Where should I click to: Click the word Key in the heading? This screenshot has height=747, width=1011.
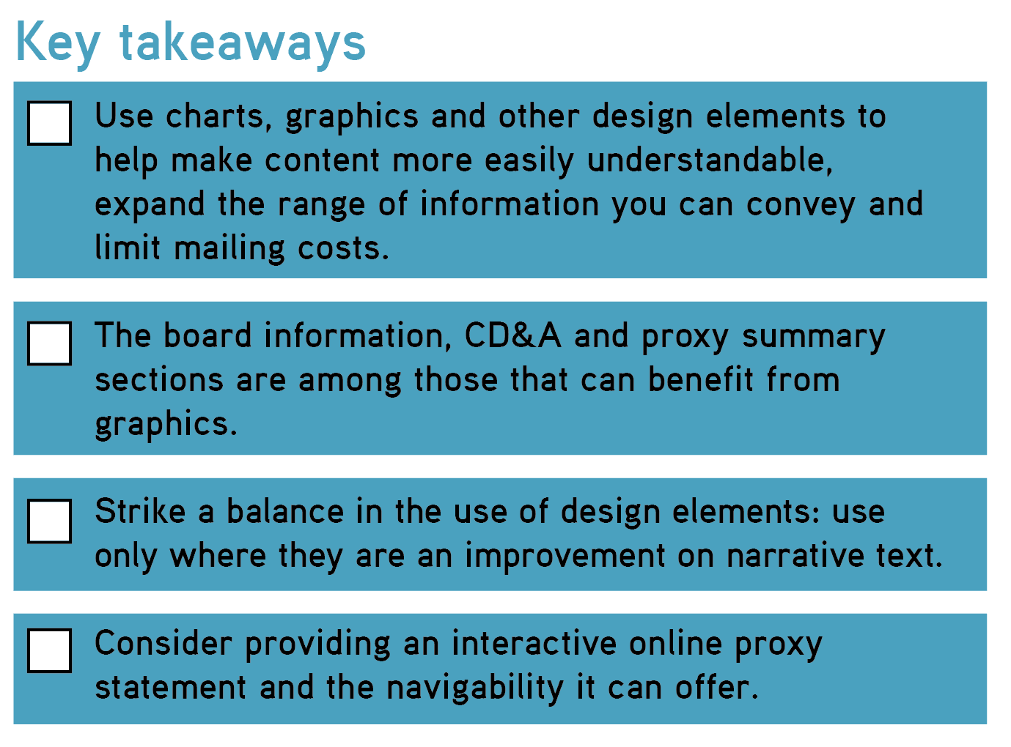[x=58, y=45]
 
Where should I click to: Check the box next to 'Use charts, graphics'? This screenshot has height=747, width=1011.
[x=49, y=123]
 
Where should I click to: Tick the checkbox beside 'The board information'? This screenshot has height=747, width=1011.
[x=49, y=343]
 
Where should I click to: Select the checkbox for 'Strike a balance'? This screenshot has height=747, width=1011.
[x=49, y=521]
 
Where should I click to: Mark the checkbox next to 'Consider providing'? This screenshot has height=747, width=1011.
[x=49, y=650]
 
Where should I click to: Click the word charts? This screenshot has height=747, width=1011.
[x=218, y=116]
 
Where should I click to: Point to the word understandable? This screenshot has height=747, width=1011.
[x=710, y=160]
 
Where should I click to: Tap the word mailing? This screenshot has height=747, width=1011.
[x=229, y=249]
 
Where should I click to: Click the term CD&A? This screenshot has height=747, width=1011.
[x=512, y=336]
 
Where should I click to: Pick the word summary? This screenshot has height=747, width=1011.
[x=814, y=338]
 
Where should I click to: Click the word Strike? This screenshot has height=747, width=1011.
[x=140, y=511]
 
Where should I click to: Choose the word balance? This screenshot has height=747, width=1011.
[x=285, y=511]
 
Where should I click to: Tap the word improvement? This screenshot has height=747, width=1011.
[x=565, y=557]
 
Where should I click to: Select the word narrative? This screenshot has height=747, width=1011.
[x=795, y=556]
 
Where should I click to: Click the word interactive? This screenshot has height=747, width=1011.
[x=534, y=643]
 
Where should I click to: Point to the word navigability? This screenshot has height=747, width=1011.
[x=475, y=688]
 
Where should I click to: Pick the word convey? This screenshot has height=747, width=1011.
[x=801, y=205]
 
